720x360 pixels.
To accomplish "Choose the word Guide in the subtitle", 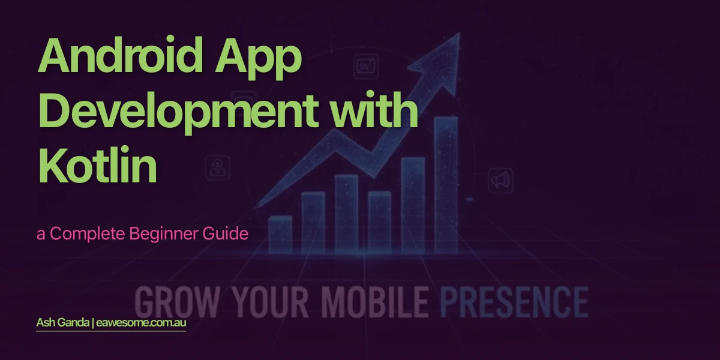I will pyautogui.click(x=229, y=234).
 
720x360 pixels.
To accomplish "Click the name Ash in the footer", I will pyautogui.click(x=46, y=323).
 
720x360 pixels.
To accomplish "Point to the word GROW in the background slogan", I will pyautogui.click(x=167, y=301).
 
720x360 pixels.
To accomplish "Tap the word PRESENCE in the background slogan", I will pyautogui.click(x=514, y=301).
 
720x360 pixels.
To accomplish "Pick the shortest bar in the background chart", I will pyautogui.click(x=280, y=235).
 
